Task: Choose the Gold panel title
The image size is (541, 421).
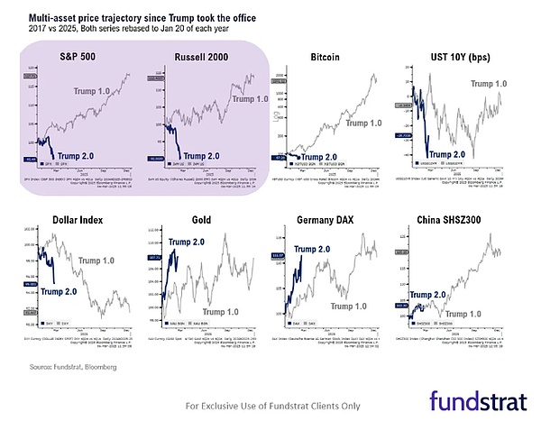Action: pyautogui.click(x=203, y=221)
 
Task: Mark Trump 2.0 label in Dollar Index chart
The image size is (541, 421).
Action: pyautogui.click(x=61, y=291)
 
